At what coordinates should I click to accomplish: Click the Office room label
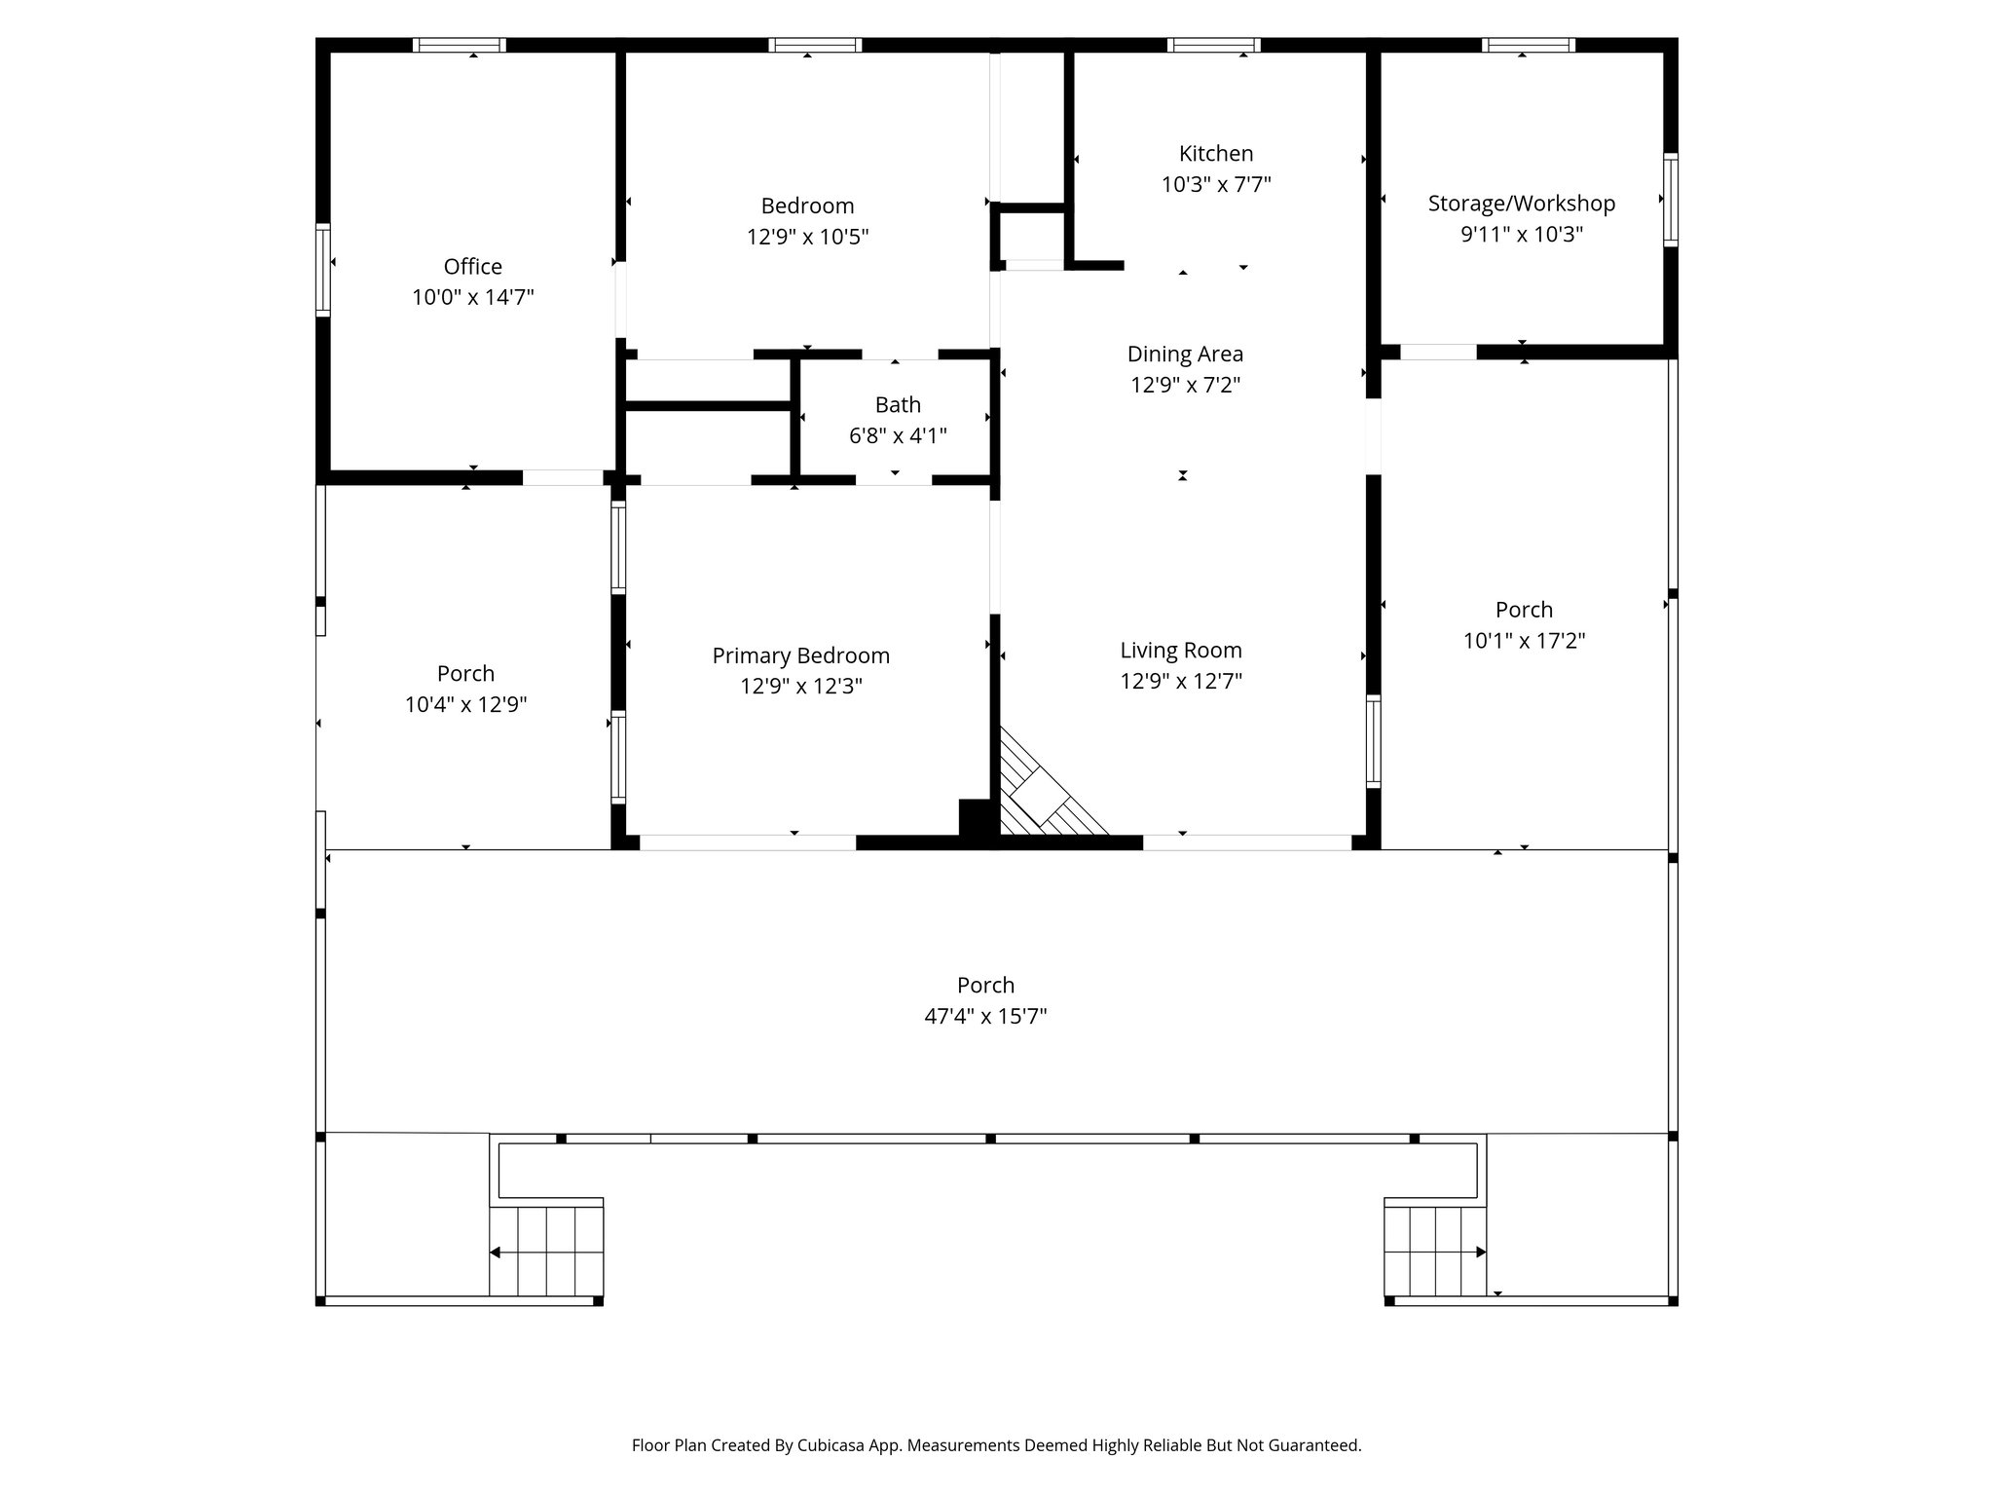click(472, 266)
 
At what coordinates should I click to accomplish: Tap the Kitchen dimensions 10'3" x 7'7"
click(1215, 184)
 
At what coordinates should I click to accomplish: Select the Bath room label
click(897, 404)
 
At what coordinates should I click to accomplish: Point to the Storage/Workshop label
click(1521, 203)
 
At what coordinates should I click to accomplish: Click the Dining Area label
click(1184, 354)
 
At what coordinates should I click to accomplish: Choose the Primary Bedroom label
click(800, 655)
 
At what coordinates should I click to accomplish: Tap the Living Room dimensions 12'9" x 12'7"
click(1180, 681)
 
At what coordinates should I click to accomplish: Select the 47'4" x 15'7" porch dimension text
click(985, 1016)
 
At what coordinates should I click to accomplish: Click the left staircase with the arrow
click(546, 1252)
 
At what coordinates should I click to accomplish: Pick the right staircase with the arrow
click(1435, 1252)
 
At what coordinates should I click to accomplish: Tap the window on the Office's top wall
click(459, 45)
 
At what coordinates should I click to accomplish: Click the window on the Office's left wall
click(323, 270)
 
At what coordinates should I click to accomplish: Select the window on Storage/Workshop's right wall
click(1670, 200)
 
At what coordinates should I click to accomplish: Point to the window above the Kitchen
click(1213, 45)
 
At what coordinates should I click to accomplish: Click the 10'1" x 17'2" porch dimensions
click(1524, 640)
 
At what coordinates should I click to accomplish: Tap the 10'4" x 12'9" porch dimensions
click(465, 704)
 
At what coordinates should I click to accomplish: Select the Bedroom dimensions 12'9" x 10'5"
click(807, 237)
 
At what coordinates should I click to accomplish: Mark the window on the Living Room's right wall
click(1373, 741)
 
